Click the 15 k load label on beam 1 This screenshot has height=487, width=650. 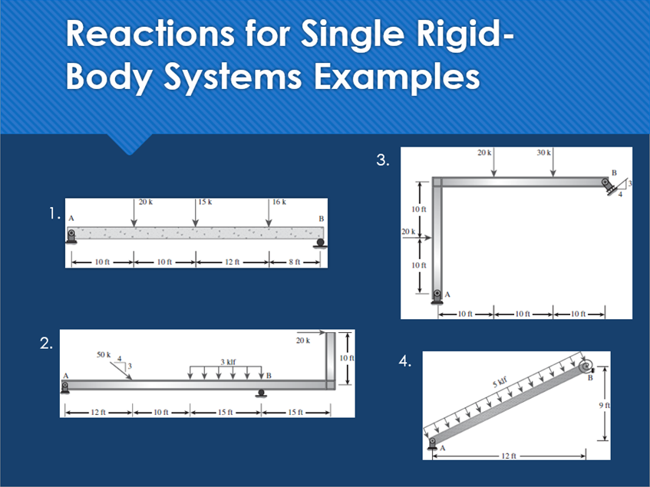[x=205, y=202]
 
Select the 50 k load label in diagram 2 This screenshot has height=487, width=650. [x=104, y=355]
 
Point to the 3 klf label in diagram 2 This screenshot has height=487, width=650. [x=228, y=361]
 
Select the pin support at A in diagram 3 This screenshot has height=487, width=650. [x=437, y=296]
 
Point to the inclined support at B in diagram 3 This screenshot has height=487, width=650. [x=610, y=185]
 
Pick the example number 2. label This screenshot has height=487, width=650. [x=47, y=344]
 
